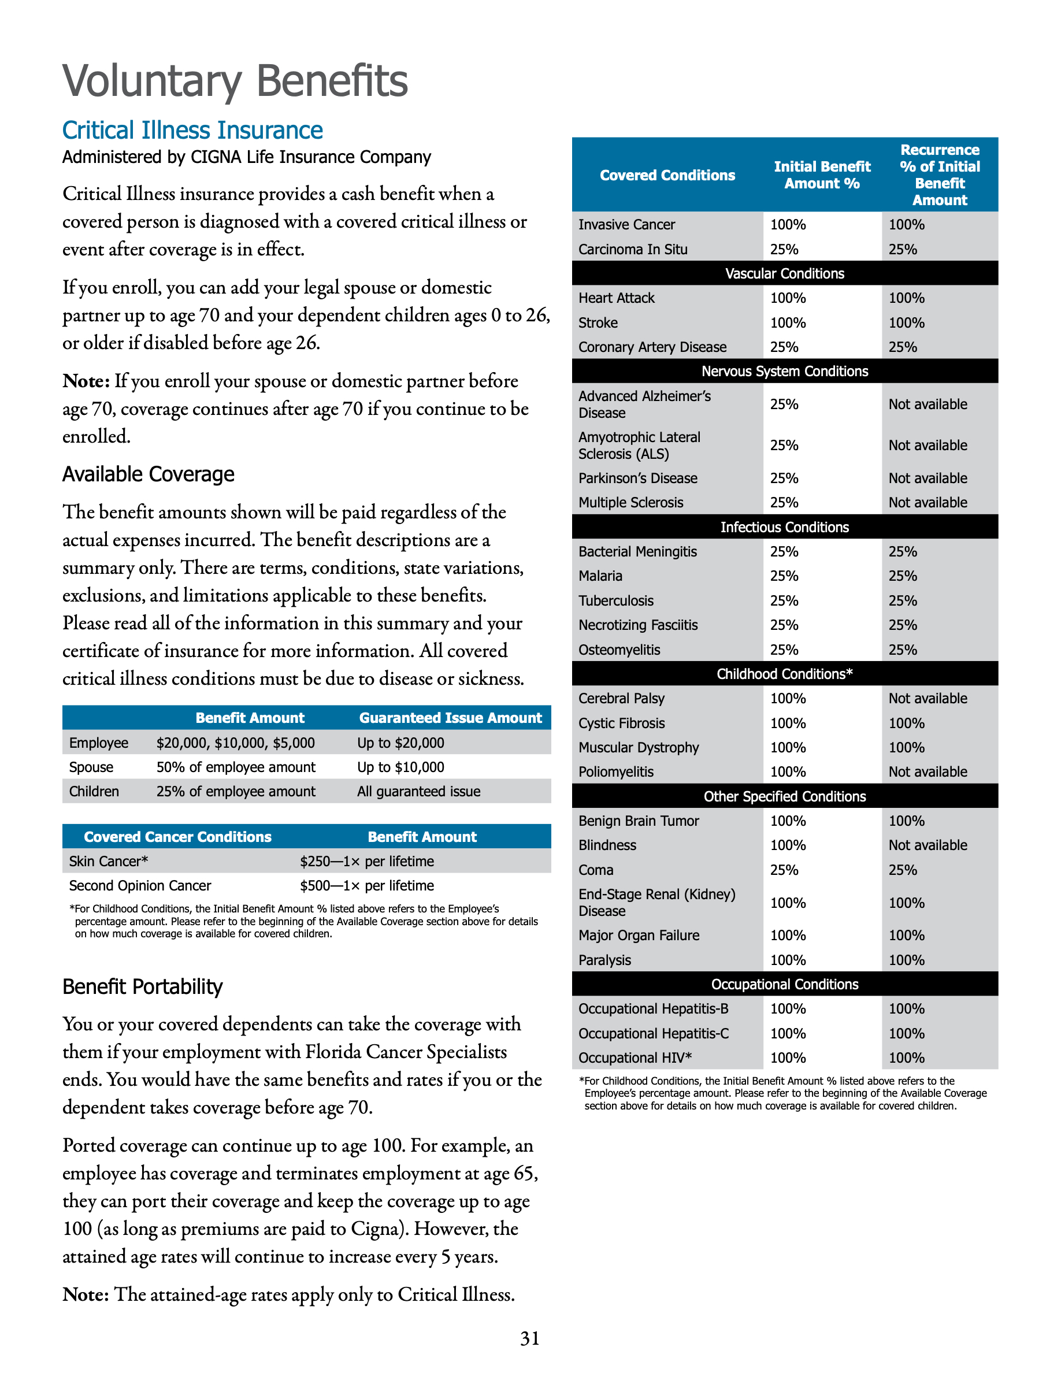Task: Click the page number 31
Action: (x=529, y=1338)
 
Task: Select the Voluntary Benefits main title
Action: (x=235, y=81)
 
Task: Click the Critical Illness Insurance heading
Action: (x=192, y=130)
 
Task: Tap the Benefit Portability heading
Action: (x=142, y=986)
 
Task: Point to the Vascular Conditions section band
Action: (x=784, y=273)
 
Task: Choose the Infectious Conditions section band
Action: (x=784, y=527)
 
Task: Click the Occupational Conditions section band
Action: (x=784, y=984)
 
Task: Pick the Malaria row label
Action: (x=600, y=576)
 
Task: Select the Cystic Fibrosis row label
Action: (x=621, y=723)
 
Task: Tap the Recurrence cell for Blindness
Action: (x=927, y=845)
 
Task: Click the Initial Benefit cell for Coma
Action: (x=784, y=870)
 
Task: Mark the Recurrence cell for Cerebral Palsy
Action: (x=927, y=699)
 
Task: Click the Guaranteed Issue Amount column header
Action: (x=450, y=718)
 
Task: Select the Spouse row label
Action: (x=91, y=767)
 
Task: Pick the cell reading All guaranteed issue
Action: (x=418, y=792)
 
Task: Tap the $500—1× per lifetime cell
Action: (x=366, y=886)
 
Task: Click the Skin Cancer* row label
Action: (x=108, y=861)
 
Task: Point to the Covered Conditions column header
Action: (x=667, y=176)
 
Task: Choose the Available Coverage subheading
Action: (x=149, y=474)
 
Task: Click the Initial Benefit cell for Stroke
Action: (x=788, y=322)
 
